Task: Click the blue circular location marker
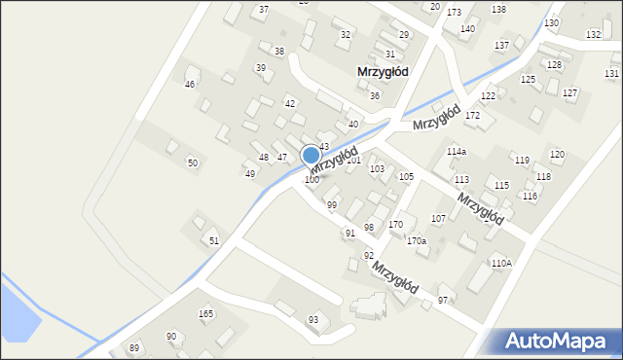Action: [x=311, y=155]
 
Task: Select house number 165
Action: [x=205, y=313]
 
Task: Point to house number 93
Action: [x=313, y=320]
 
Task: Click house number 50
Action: [x=193, y=162]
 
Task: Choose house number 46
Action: [x=191, y=85]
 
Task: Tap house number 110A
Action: [x=501, y=263]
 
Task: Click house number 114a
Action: [x=457, y=152]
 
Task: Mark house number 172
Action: [x=472, y=116]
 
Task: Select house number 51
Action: [x=214, y=240]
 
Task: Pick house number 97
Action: [x=443, y=300]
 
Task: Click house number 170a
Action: [x=417, y=240]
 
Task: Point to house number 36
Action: [x=375, y=95]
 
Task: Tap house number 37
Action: [x=263, y=10]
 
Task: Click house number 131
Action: [x=611, y=73]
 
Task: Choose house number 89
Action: [x=134, y=348]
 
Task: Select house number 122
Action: [x=488, y=96]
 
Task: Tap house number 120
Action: [x=557, y=155]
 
